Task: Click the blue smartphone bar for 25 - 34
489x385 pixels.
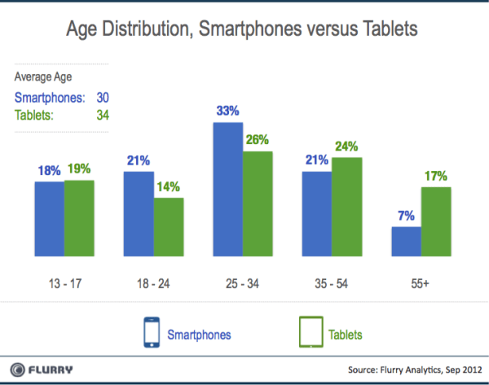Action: tap(228, 192)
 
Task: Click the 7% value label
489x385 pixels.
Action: tap(407, 216)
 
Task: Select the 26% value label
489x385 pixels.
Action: tap(258, 140)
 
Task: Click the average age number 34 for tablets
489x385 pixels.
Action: tap(100, 115)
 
